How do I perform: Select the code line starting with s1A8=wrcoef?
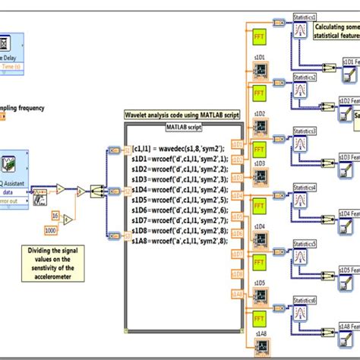pyautogui.click(x=174, y=240)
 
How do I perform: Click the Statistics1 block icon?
pyautogui.click(x=306, y=31)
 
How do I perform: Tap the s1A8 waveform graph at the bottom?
pyautogui.click(x=259, y=347)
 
